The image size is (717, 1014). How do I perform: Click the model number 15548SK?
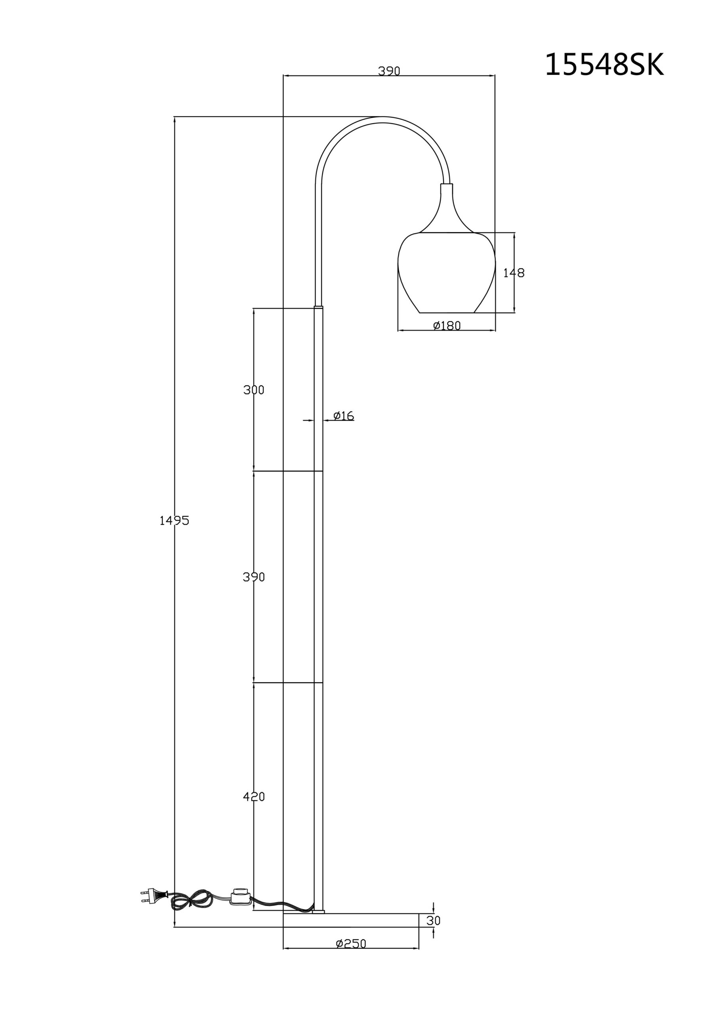(604, 65)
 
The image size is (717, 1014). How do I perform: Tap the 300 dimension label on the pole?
(254, 390)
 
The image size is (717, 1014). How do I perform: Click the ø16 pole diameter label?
(344, 416)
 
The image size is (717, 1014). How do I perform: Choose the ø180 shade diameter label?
(447, 326)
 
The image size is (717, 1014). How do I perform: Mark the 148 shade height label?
(514, 273)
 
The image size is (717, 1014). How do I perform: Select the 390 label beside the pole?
(254, 577)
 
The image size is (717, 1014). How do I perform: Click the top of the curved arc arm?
(383, 119)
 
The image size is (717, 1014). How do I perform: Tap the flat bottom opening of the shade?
(446, 313)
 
